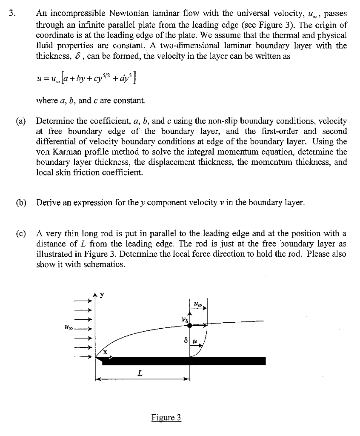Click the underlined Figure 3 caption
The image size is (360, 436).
pos(166,417)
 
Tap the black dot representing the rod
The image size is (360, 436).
pos(190,325)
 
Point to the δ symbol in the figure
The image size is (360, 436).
pos(186,341)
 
